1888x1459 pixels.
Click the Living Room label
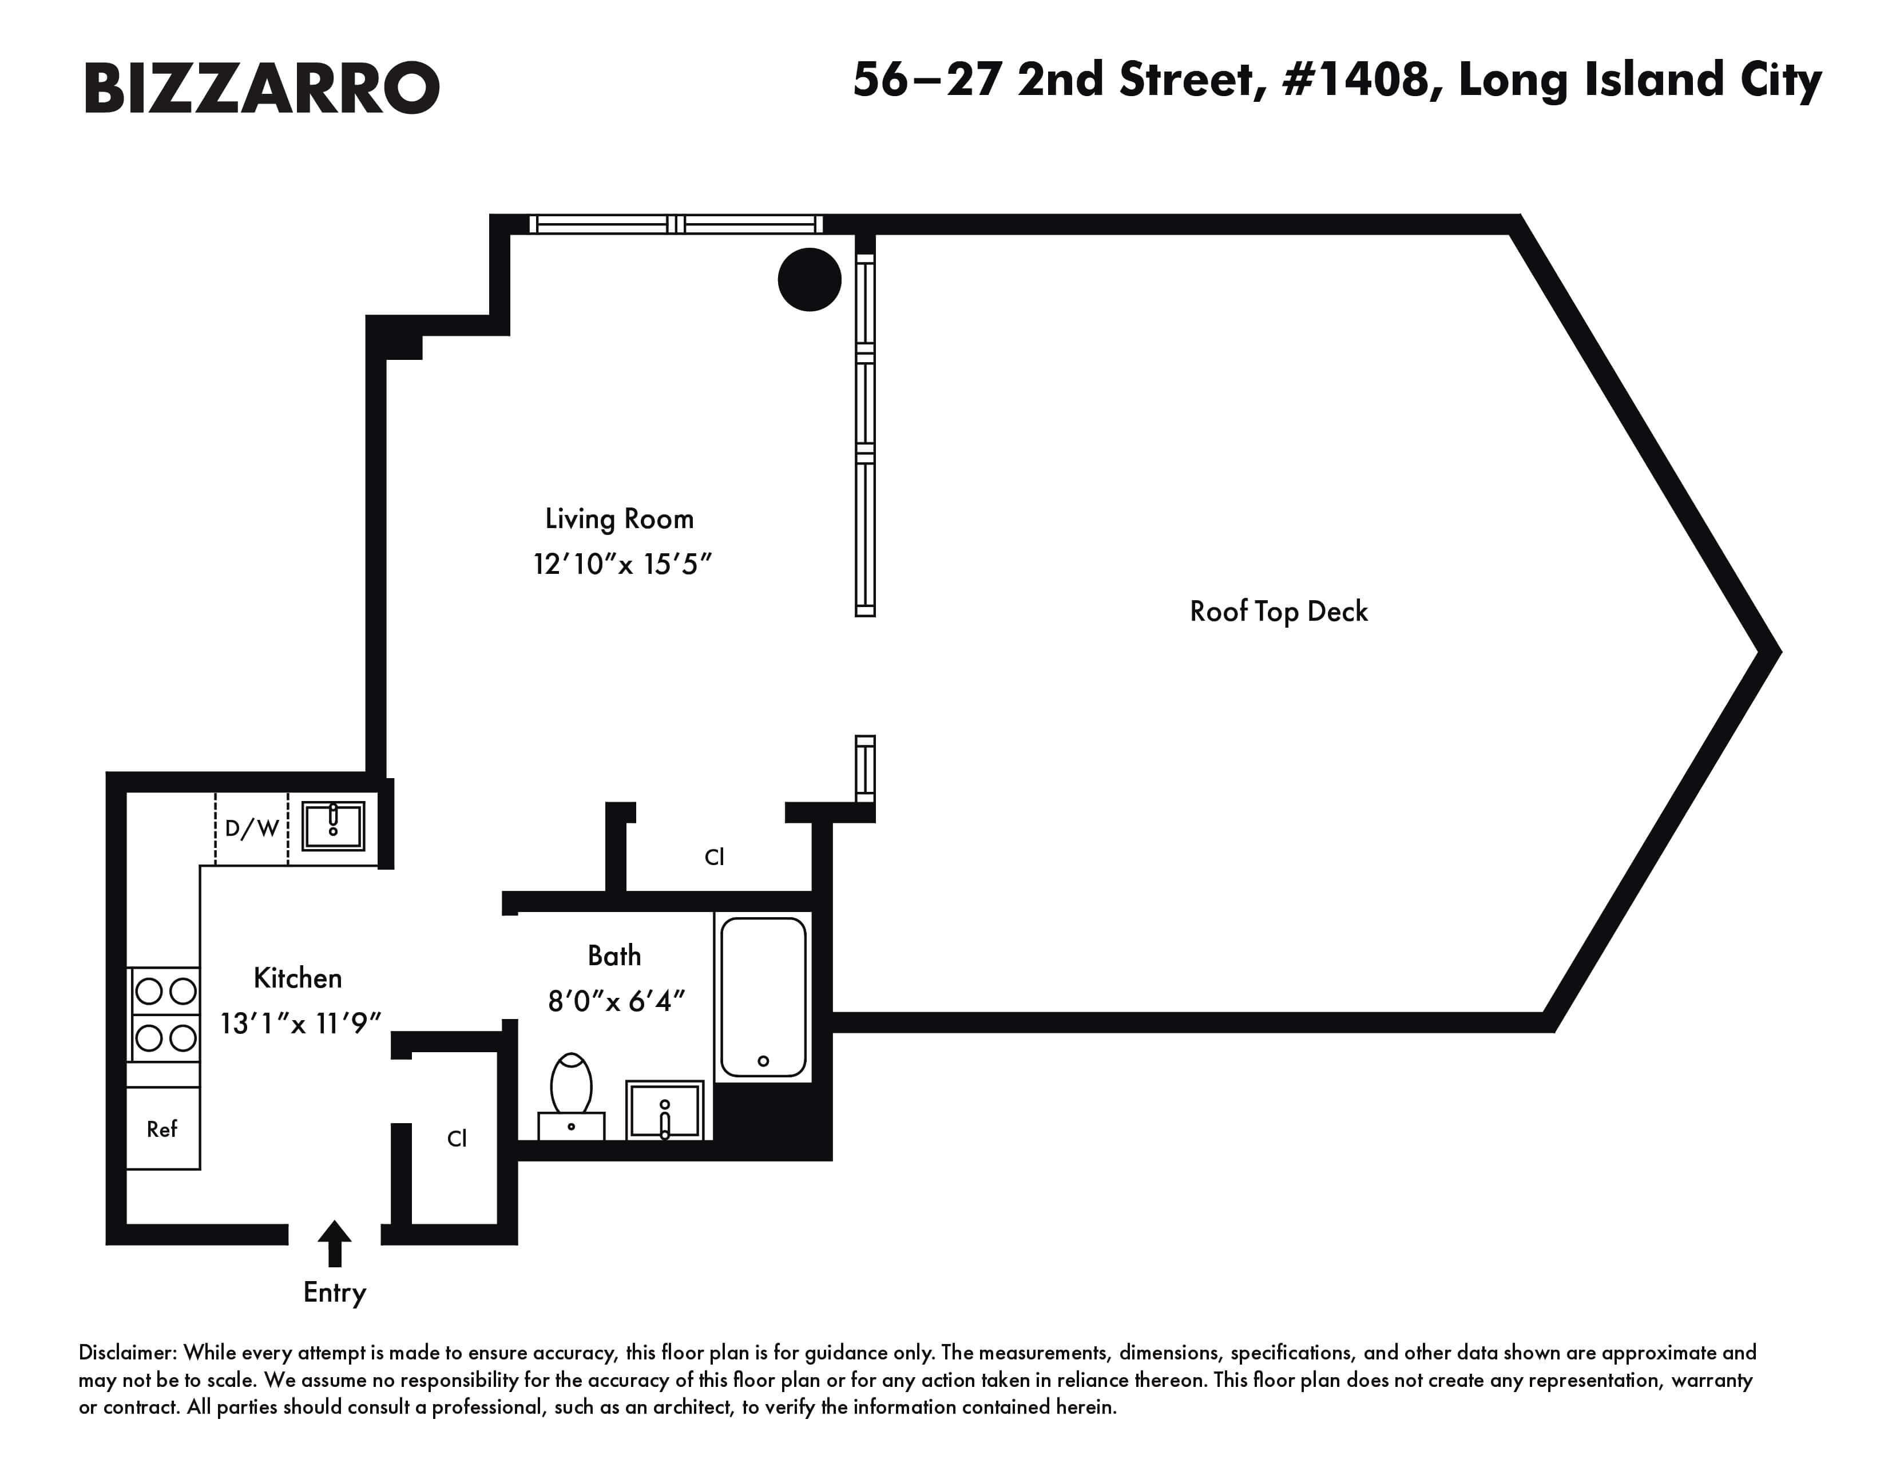[619, 518]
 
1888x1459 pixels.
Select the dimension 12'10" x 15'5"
[621, 564]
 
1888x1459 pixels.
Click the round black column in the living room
[809, 279]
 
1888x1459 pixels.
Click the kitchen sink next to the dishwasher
[333, 826]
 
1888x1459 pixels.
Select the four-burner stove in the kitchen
[164, 1014]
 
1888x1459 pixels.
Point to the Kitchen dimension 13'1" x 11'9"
[300, 1024]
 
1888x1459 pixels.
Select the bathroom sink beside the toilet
[664, 1111]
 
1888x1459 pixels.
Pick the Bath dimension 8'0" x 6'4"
[616, 1001]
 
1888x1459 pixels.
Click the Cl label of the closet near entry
[457, 1139]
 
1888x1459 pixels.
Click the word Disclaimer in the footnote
[127, 1352]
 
